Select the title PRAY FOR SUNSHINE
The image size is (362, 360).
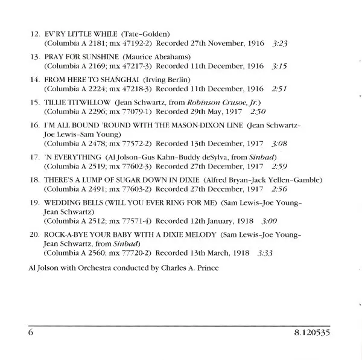point(77,56)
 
